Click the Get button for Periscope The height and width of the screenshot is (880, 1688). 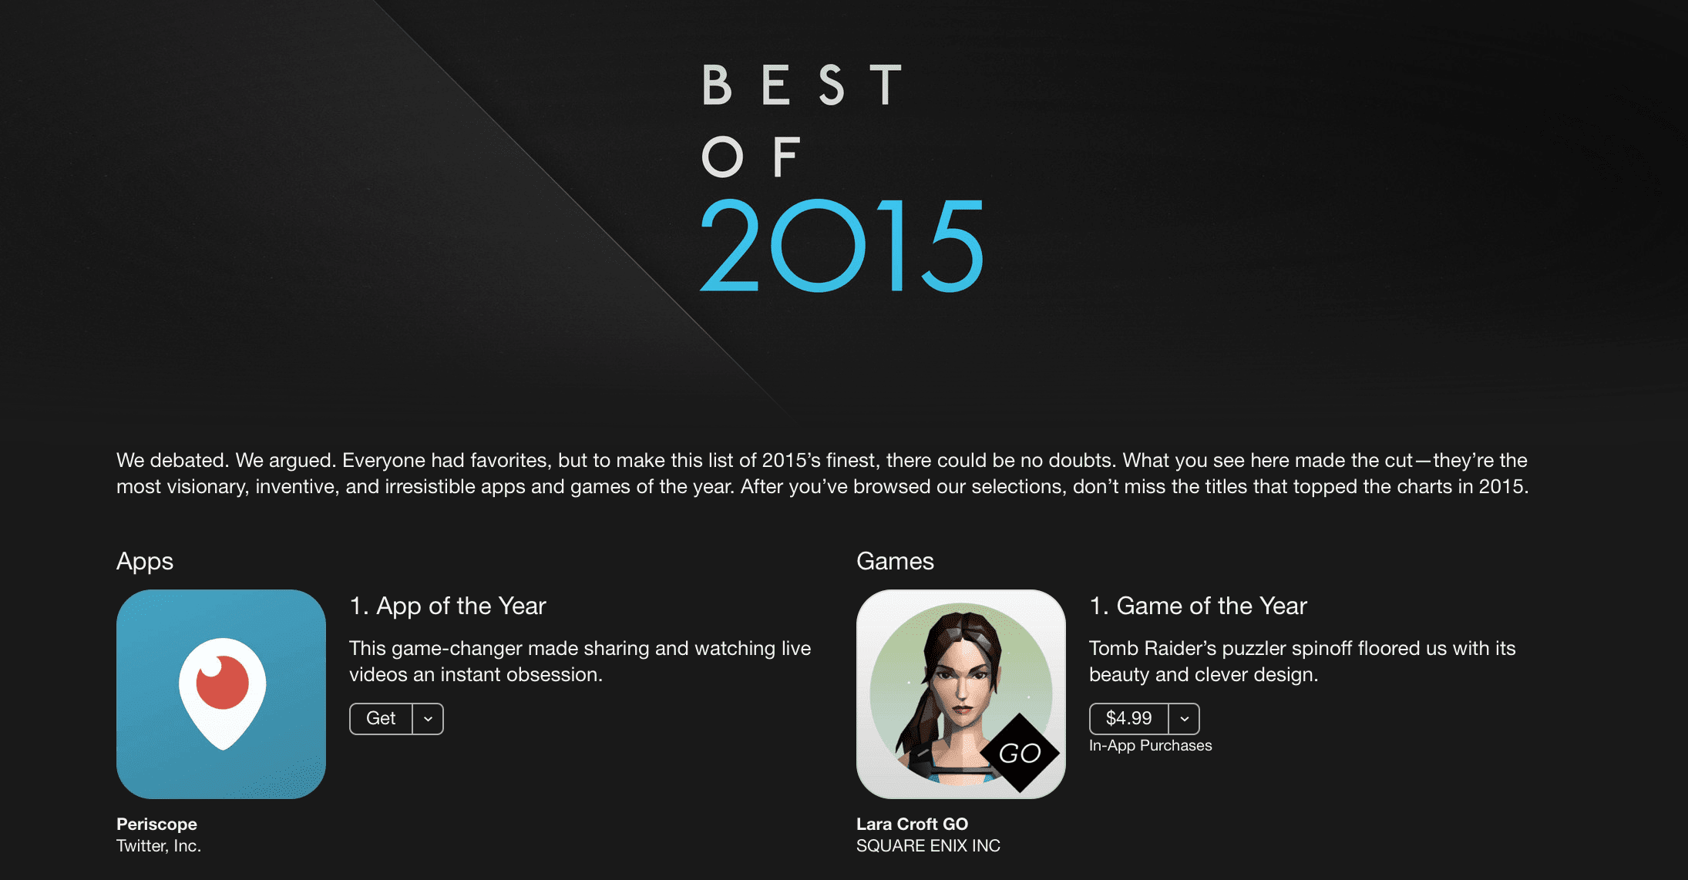(381, 719)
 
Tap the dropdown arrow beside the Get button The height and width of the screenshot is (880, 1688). (429, 719)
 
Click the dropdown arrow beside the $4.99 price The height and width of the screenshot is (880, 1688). (1185, 719)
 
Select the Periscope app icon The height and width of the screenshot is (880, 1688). (221, 694)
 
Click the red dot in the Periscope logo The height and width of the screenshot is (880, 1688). (223, 682)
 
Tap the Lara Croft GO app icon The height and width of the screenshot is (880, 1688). (961, 694)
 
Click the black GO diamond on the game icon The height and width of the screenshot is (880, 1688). (1020, 753)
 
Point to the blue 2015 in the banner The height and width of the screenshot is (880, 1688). (842, 246)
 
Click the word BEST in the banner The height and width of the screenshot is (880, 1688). (802, 85)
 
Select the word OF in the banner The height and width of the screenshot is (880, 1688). (751, 157)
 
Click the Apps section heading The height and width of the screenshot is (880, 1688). (145, 562)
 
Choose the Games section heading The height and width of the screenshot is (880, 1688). (895, 561)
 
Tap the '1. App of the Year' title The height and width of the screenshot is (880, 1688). (448, 606)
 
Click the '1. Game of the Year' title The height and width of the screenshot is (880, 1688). (1199, 606)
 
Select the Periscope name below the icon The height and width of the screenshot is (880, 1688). (156, 825)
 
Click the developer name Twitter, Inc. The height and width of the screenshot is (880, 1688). (159, 846)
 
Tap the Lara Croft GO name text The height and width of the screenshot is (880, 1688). (912, 824)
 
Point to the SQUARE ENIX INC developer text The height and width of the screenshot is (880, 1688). (928, 846)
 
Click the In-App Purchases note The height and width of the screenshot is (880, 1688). (1150, 746)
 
